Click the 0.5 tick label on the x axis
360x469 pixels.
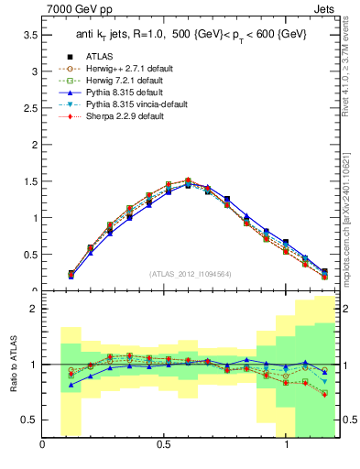click(x=164, y=446)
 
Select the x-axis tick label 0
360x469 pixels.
click(x=42, y=446)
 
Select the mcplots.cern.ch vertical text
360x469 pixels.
click(x=345, y=211)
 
